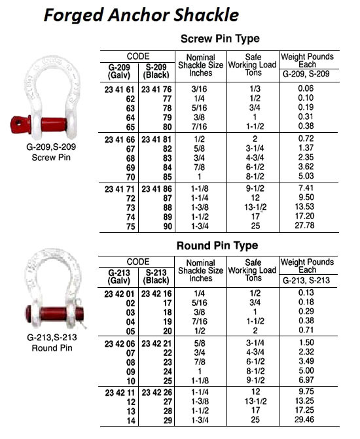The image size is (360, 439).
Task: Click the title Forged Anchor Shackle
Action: [x=140, y=14]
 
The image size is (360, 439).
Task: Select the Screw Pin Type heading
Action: [x=219, y=39]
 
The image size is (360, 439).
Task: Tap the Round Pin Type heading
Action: [x=217, y=246]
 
